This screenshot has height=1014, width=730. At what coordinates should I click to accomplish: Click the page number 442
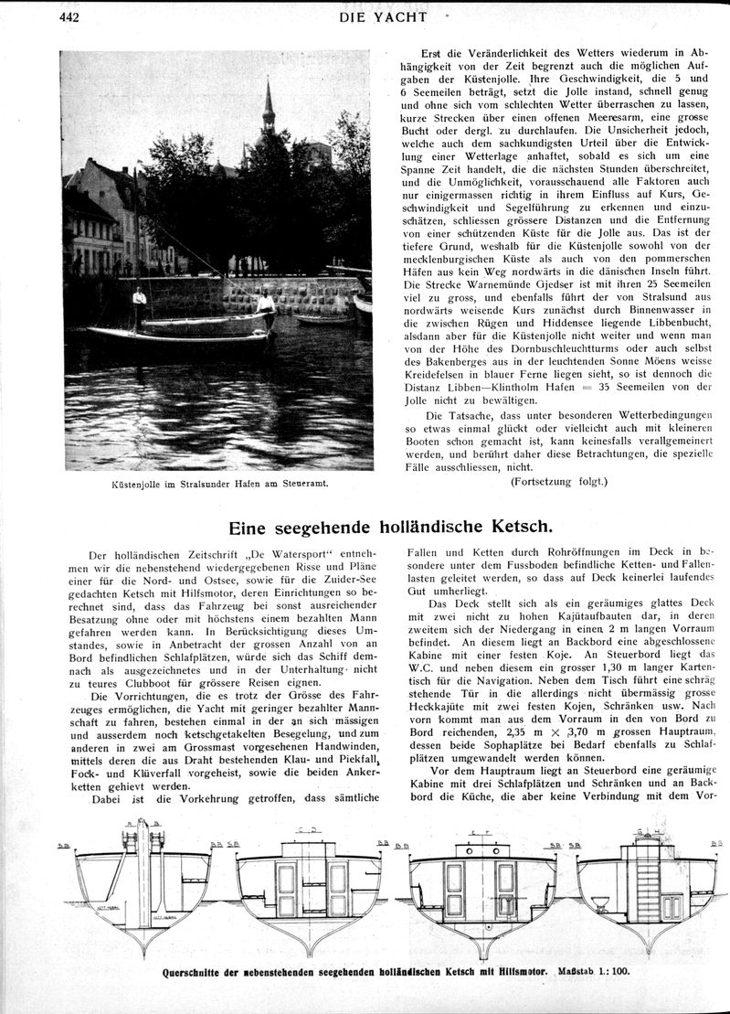tap(71, 16)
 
